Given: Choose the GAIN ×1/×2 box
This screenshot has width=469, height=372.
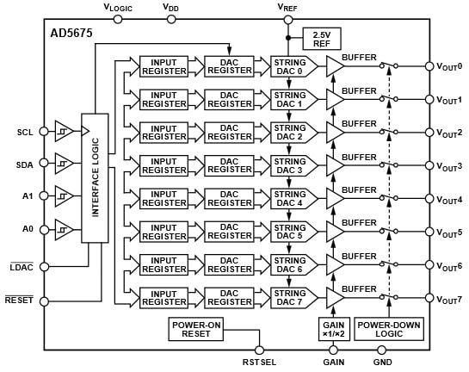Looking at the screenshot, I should click(x=332, y=328).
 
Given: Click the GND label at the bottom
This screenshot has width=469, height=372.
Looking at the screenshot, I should click(x=383, y=363).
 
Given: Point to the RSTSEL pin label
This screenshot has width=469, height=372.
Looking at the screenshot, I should click(x=260, y=363).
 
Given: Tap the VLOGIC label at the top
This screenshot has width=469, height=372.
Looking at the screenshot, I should click(x=118, y=7).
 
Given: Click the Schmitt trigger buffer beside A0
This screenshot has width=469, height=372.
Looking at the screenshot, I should click(x=63, y=227).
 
